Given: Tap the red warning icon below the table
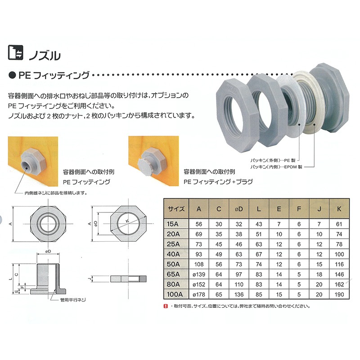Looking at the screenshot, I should tap(165, 306).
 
